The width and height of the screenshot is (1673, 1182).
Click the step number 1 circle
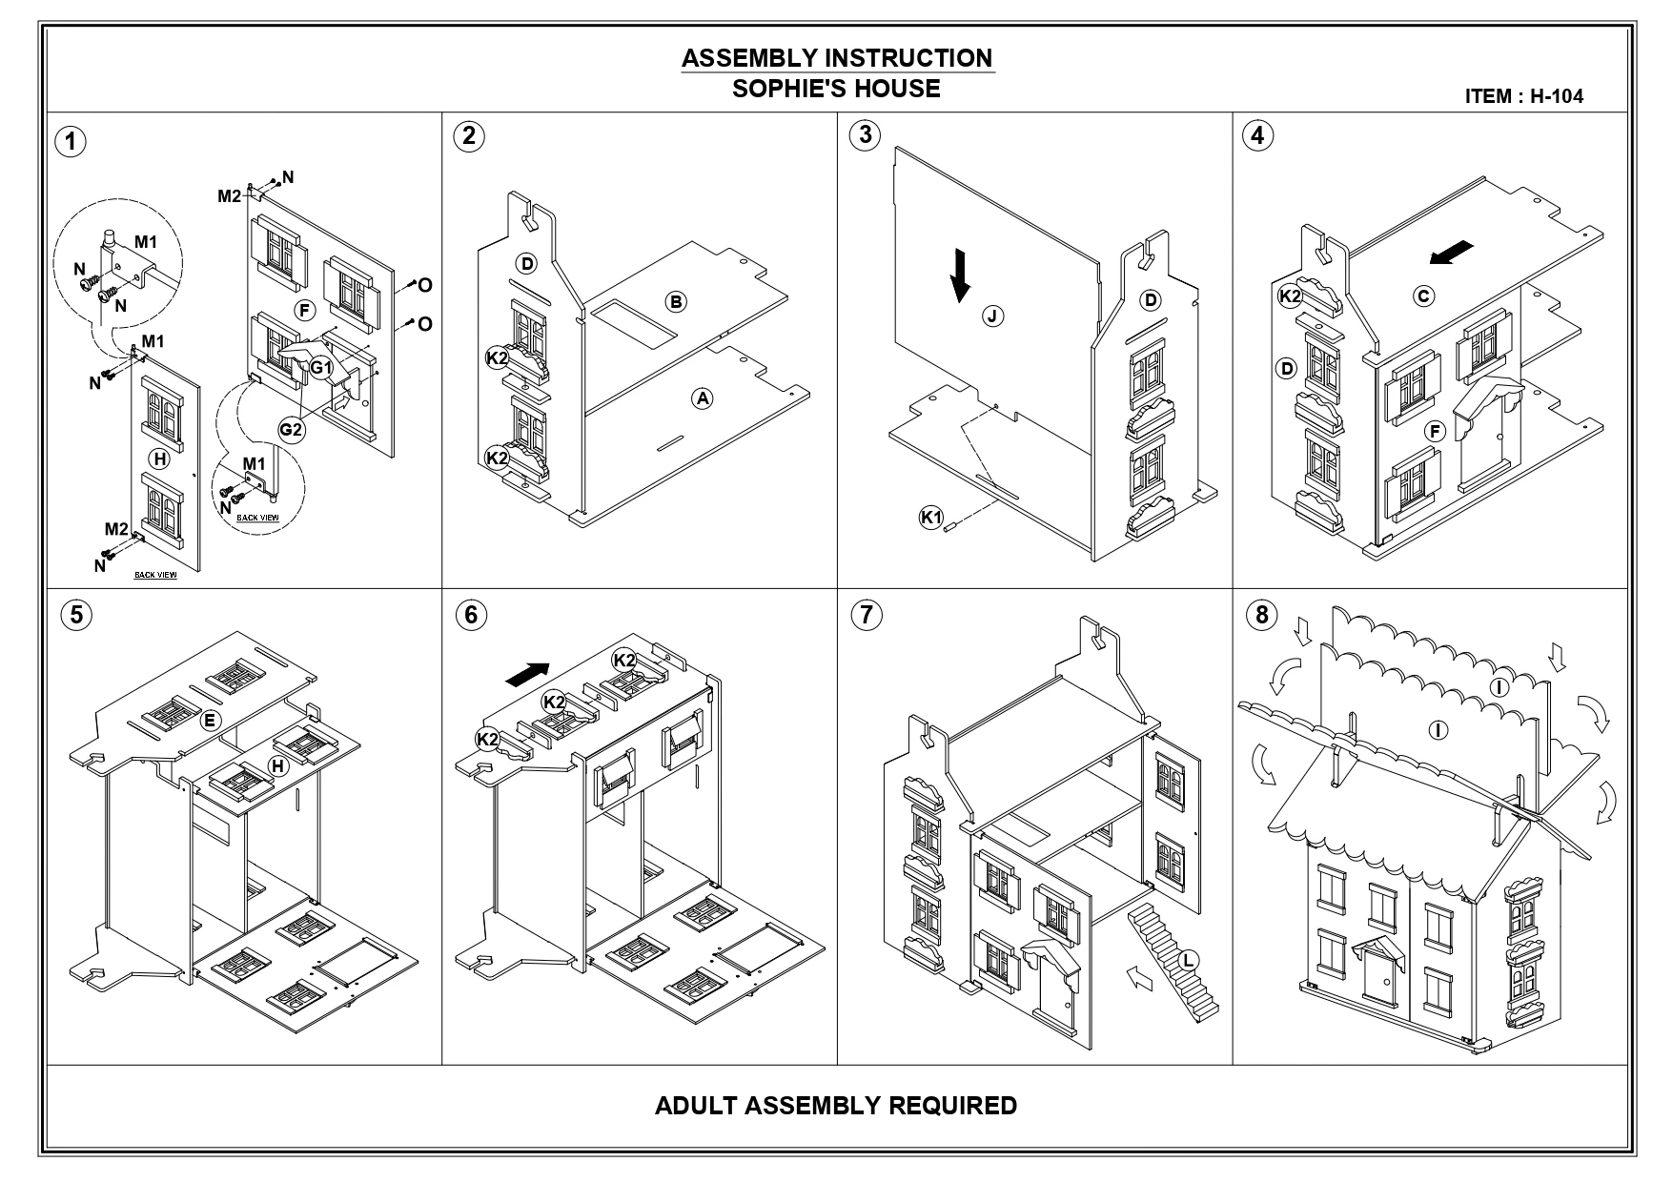point(71,141)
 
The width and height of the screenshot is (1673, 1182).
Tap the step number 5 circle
point(76,615)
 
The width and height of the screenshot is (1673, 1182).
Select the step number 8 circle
point(1262,615)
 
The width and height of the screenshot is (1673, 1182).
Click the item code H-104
point(1557,96)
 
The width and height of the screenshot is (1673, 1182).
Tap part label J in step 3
point(993,316)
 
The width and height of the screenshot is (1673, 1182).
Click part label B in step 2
point(676,302)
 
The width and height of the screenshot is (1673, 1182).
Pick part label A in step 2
point(702,398)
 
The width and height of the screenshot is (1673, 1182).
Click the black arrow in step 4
point(1451,253)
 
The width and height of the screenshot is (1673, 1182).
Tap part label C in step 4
point(1423,296)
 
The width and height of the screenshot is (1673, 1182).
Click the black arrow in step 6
point(529,673)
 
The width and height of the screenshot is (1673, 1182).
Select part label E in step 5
point(209,720)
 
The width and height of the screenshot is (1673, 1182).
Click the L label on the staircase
point(1188,960)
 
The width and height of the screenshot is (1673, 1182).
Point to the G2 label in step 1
point(291,430)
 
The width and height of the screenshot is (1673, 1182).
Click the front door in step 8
point(1378,983)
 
